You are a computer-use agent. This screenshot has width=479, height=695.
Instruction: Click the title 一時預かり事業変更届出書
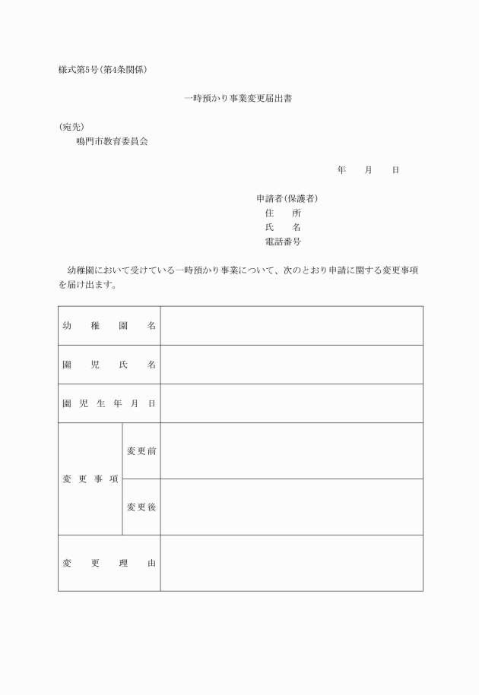239,99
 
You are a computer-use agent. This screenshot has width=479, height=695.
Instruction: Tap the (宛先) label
71,127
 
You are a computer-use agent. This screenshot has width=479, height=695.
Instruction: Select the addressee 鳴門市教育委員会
112,141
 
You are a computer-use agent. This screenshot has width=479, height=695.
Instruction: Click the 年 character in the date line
342,170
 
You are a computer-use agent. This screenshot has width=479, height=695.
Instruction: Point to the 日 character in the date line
395,170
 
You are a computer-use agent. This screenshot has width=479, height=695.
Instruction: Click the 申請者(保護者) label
287,199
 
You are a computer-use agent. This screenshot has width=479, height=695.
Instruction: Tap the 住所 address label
282,213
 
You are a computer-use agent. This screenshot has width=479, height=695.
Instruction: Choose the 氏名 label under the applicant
282,227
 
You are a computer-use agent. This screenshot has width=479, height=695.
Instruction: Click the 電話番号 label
282,242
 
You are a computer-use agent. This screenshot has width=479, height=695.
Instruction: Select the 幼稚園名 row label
109,326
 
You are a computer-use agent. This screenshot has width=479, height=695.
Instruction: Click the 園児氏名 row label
109,365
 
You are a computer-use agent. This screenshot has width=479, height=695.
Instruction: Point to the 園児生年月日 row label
109,403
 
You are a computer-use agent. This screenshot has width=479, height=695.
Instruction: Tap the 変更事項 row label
90,479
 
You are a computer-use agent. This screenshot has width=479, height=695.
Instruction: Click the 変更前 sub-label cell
141,451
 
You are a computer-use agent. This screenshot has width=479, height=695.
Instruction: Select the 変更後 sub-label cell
141,507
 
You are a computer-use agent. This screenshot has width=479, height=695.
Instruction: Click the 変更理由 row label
109,563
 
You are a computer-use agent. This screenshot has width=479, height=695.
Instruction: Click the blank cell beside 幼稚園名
291,326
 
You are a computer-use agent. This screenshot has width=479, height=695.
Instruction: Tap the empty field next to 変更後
291,507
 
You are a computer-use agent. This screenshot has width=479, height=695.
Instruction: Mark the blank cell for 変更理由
291,563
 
